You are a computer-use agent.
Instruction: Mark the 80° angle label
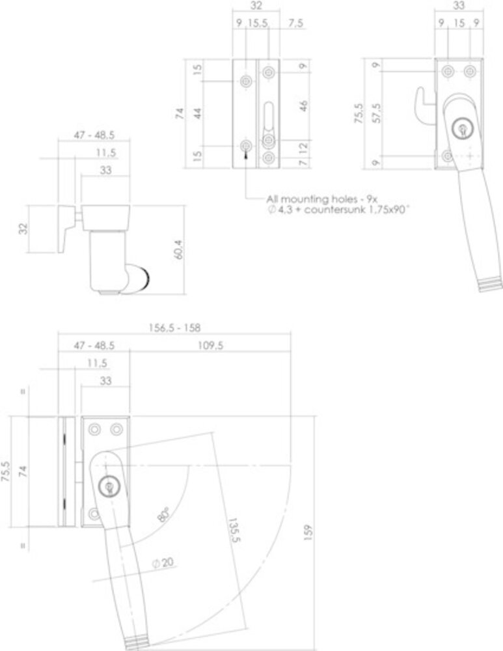[163, 516]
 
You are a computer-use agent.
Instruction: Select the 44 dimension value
[198, 113]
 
